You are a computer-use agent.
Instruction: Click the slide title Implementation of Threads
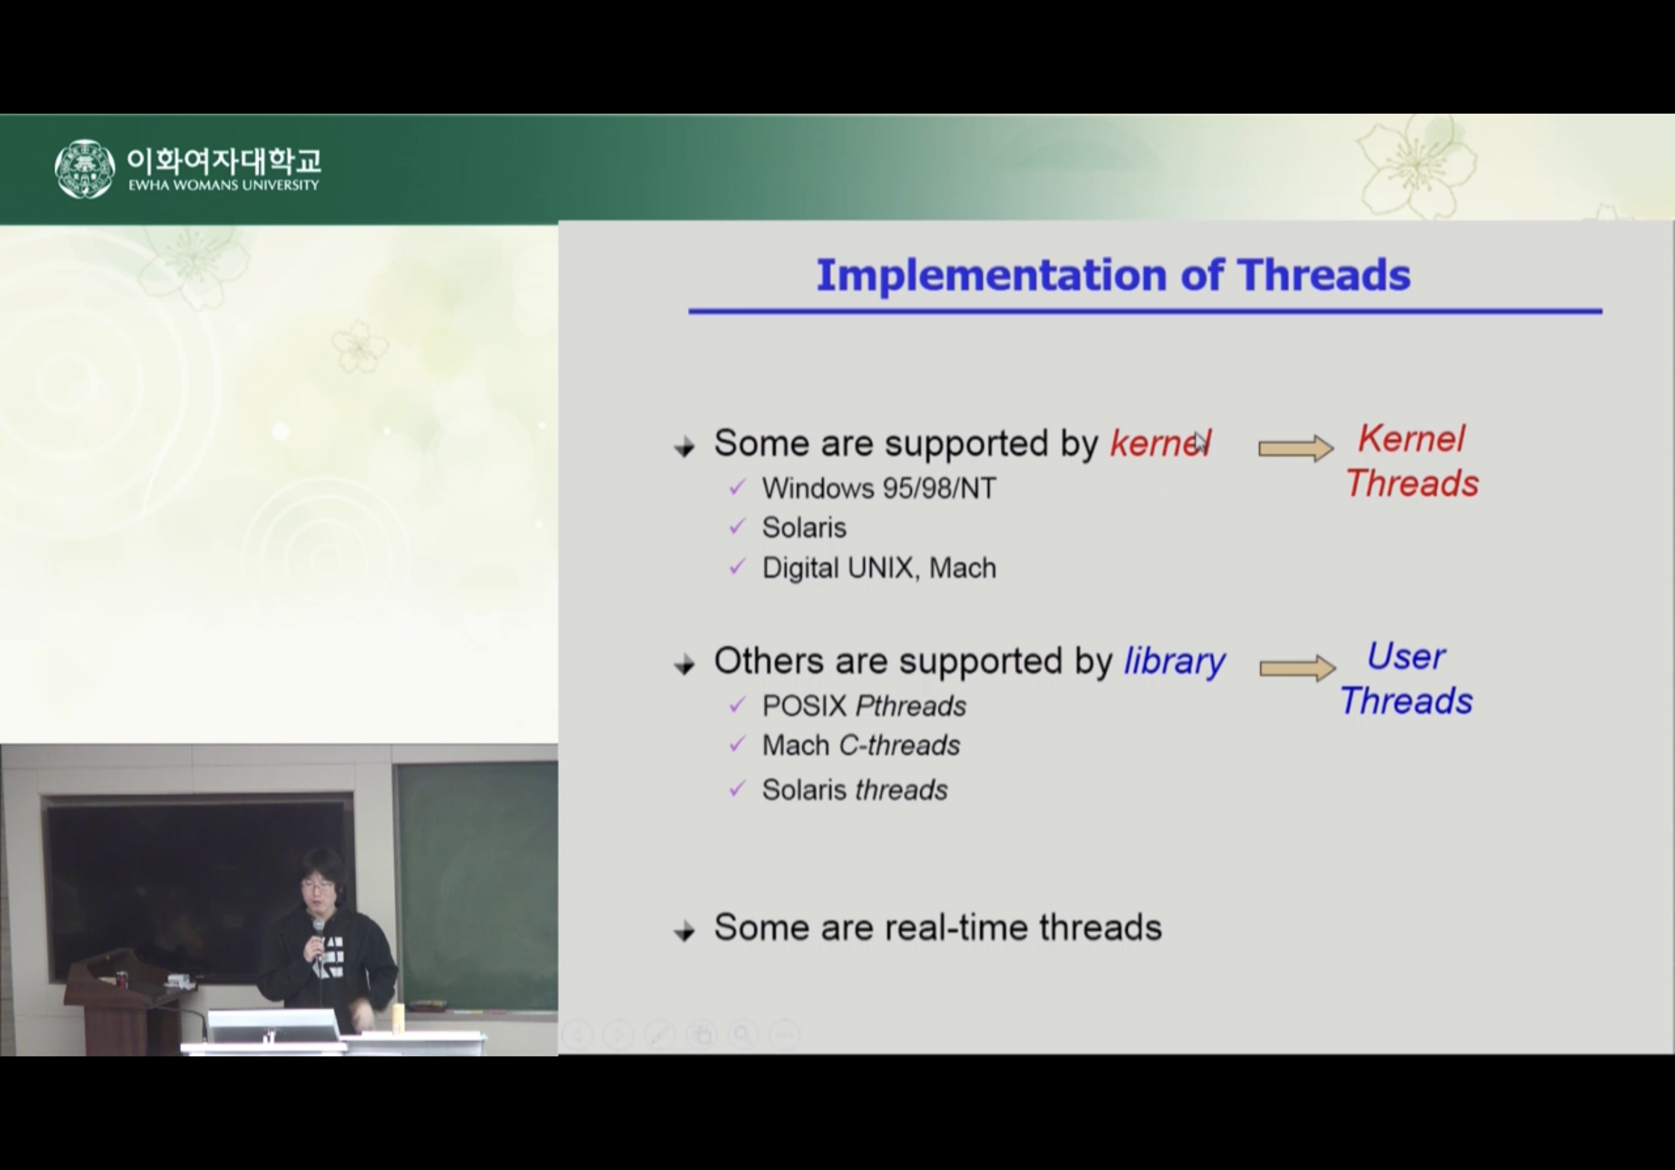click(1113, 275)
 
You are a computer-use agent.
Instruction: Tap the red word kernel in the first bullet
click(1160, 443)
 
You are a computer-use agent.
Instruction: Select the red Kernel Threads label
click(1412, 461)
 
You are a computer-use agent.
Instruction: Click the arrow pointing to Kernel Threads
click(1296, 448)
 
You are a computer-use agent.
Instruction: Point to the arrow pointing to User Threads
click(1297, 668)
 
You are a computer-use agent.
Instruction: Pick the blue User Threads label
click(1406, 678)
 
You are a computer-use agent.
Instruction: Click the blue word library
click(1175, 661)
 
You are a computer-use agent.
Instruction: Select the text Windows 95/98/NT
click(879, 489)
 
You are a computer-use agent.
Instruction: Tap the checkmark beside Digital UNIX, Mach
click(738, 566)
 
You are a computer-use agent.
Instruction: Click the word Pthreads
click(910, 706)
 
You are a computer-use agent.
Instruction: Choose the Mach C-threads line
click(861, 746)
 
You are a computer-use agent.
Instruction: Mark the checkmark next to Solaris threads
click(738, 788)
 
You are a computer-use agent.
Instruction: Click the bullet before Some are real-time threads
click(685, 931)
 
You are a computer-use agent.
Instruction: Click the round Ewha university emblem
click(85, 168)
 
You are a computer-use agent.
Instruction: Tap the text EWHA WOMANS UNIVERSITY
click(223, 185)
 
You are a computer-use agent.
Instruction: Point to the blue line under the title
click(1145, 311)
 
